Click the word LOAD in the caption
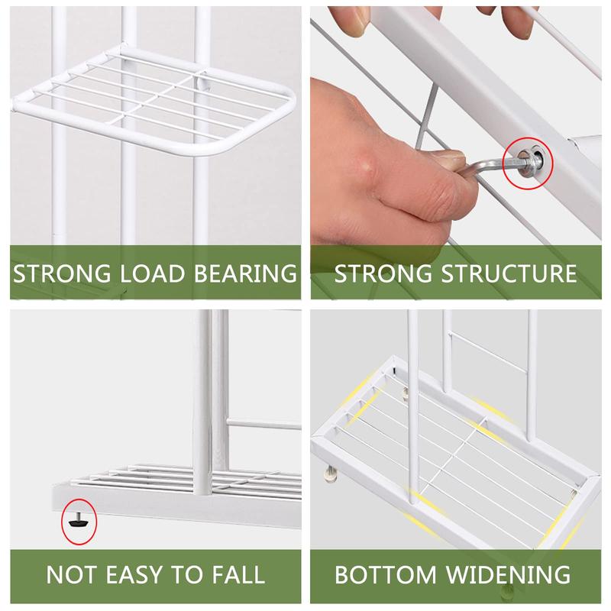[152, 273]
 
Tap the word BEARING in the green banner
[245, 273]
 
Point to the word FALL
[239, 574]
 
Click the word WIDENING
[509, 574]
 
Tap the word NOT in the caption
[71, 574]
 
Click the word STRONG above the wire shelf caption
[62, 273]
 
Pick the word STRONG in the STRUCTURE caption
[383, 273]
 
